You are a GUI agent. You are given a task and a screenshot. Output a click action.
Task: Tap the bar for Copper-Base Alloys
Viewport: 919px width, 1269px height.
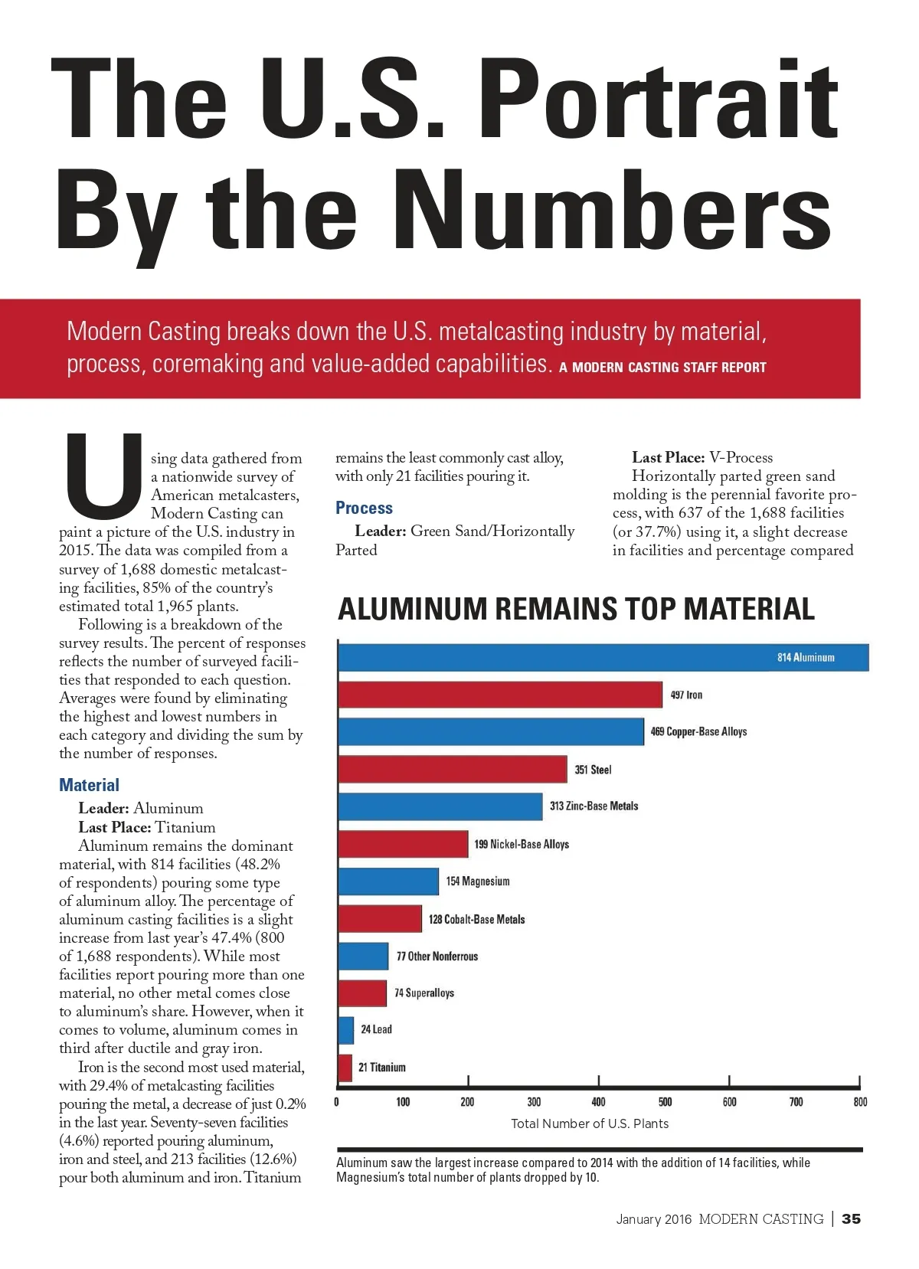(490, 731)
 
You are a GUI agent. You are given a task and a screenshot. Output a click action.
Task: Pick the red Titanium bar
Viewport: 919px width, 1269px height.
(345, 1068)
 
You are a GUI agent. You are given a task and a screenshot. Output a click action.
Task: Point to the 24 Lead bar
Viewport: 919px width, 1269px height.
(345, 1030)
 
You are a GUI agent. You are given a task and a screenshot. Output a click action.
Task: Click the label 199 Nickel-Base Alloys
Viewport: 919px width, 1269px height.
(522, 844)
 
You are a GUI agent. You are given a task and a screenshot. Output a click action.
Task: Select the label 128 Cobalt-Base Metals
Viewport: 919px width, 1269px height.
(476, 919)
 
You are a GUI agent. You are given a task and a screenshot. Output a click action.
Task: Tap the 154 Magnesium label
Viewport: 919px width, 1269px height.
(478, 881)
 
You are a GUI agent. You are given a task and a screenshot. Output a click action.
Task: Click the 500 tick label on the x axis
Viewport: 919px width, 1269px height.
(665, 1102)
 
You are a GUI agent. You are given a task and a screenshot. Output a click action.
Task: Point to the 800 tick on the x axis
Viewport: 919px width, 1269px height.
(860, 1102)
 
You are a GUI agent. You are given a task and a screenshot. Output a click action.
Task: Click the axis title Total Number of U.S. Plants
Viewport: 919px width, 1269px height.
(590, 1123)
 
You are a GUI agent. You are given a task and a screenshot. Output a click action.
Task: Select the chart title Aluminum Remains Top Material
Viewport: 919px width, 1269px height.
(576, 609)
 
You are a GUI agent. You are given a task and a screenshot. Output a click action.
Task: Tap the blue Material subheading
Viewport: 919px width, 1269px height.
(89, 785)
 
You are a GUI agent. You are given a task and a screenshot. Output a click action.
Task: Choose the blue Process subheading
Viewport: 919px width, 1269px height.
(364, 508)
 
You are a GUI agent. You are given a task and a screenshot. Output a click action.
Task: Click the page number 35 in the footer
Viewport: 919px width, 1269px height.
(851, 1218)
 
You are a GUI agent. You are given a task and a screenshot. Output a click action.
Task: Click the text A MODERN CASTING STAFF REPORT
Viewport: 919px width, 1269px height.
(662, 368)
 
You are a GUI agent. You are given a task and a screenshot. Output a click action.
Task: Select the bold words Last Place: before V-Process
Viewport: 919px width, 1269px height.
(668, 457)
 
